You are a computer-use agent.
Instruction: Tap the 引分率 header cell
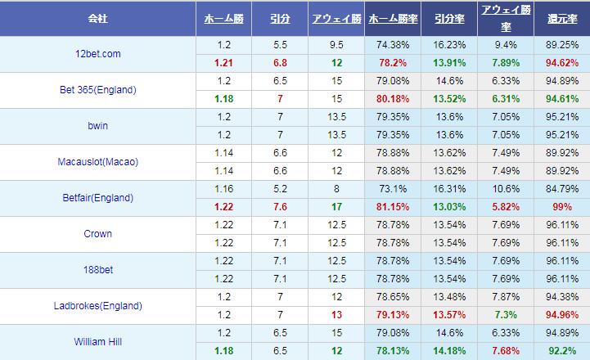pos(448,18)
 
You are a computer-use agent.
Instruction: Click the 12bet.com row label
pos(97,54)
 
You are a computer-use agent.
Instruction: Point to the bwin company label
pos(97,126)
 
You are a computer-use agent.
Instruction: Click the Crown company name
pos(97,234)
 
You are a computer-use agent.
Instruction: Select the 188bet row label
pos(97,270)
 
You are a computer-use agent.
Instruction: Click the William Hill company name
pos(98,342)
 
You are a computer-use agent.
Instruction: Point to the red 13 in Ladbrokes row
pos(336,315)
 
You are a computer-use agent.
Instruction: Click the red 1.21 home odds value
pos(223,63)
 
